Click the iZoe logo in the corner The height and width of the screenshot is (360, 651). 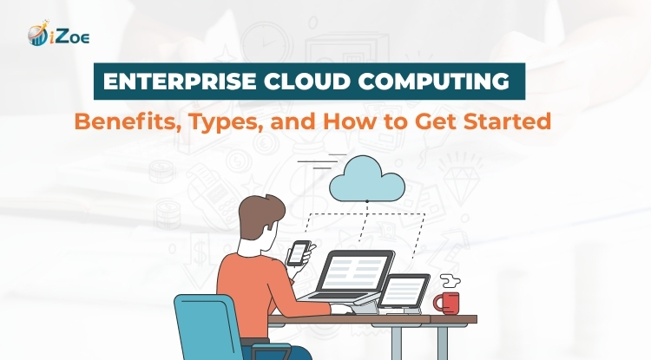pos(58,33)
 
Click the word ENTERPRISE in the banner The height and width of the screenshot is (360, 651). pos(180,82)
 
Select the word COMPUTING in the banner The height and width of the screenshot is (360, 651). pos(434,82)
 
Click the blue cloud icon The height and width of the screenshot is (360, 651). pos(367,179)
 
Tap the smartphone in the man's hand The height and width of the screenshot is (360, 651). pos(299,252)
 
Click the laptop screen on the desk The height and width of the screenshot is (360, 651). pos(354,273)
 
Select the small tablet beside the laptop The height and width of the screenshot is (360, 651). pos(404,291)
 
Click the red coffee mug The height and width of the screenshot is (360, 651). pos(448,303)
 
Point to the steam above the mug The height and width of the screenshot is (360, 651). pos(450,281)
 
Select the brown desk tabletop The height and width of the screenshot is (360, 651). pos(372,319)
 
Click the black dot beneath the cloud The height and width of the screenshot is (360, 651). pos(367,201)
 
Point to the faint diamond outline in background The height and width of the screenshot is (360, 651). pos(461,182)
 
